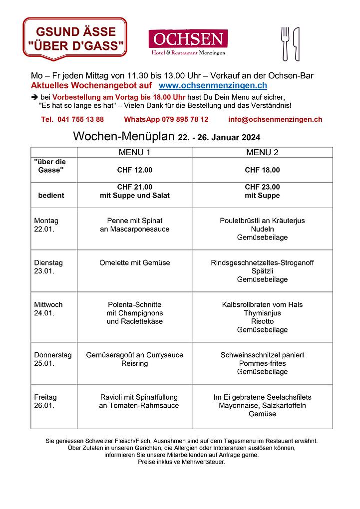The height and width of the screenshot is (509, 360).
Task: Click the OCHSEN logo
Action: coord(188,42)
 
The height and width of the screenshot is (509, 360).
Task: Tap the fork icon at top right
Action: coord(285,43)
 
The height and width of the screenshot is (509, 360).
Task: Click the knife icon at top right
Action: coord(296,43)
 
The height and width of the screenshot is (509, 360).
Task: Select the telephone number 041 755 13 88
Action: coord(73,119)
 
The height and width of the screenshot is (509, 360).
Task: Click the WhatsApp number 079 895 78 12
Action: coord(166,119)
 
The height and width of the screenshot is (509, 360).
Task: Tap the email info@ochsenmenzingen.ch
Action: coord(275,119)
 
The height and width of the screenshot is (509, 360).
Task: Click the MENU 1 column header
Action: coord(134,152)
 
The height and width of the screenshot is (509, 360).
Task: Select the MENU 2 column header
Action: coord(262,152)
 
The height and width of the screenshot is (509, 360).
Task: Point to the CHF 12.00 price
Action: coord(134,170)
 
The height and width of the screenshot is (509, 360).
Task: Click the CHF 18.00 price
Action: coord(262,170)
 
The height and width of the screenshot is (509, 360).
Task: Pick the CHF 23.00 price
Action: coord(262,187)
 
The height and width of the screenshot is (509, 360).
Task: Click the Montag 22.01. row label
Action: coord(46,225)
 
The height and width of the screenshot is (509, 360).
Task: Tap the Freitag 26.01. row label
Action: coord(45,401)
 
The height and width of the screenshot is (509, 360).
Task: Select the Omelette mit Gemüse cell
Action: coord(134,262)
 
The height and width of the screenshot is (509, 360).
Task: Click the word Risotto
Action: coord(262,321)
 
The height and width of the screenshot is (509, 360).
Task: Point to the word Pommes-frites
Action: coord(262,363)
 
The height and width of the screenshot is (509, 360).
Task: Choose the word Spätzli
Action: coord(262,271)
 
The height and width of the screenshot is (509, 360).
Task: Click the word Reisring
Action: coord(134,363)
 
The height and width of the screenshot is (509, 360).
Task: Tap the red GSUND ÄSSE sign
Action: coord(75,38)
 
